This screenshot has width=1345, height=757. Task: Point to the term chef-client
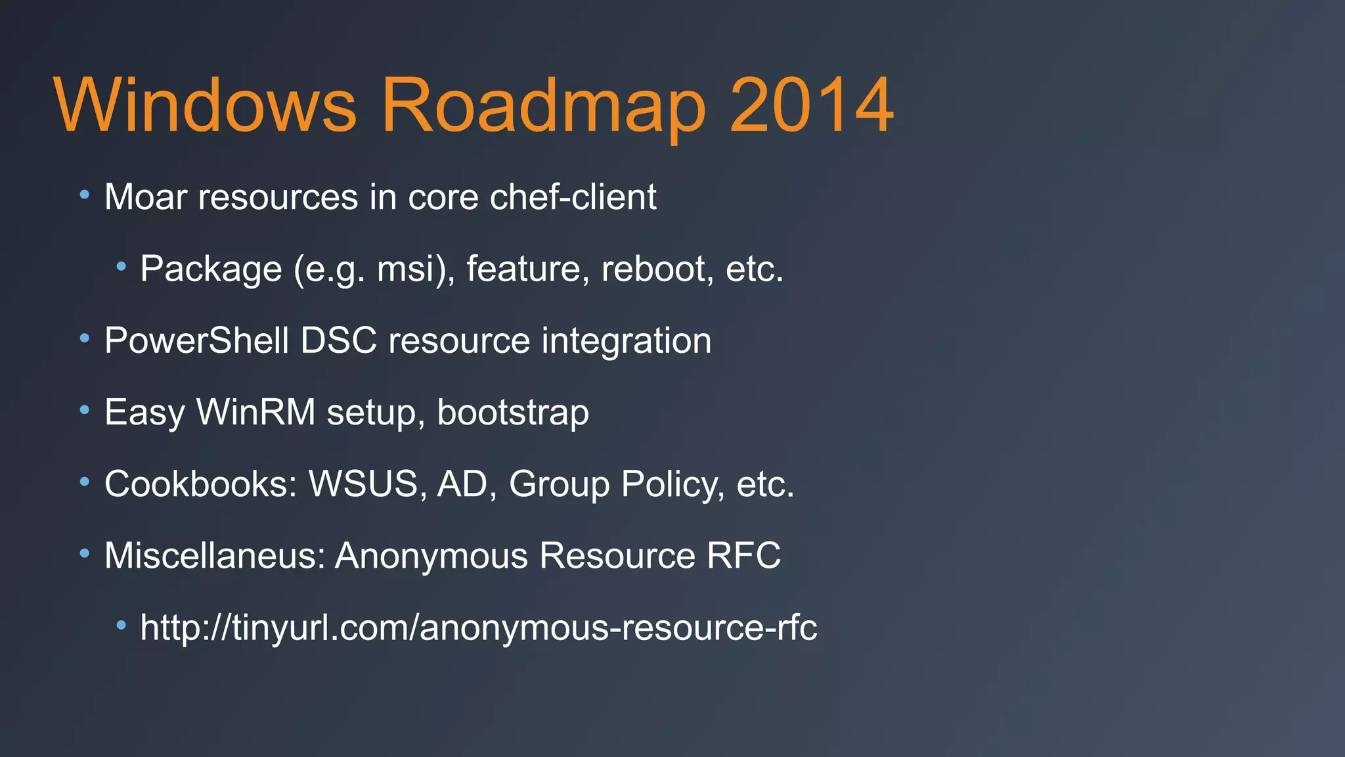573,197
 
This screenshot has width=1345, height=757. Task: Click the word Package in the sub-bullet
211,269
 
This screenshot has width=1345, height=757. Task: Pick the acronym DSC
339,340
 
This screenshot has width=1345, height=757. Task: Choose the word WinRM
256,413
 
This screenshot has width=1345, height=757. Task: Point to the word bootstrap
513,413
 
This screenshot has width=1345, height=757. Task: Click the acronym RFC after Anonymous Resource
743,556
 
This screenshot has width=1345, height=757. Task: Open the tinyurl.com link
479,628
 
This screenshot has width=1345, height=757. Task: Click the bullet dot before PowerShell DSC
84,339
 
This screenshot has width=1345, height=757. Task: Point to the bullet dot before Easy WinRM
84,411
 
